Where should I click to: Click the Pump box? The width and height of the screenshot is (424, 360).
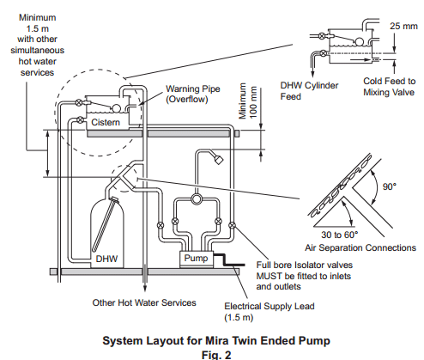(x=197, y=259)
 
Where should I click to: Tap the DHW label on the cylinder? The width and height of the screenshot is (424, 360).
(x=106, y=259)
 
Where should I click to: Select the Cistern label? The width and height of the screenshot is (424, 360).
(x=106, y=122)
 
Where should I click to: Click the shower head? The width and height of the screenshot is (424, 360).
(x=219, y=159)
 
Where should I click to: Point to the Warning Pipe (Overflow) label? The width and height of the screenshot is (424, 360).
(x=193, y=94)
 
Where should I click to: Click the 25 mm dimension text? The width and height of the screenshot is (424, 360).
(x=403, y=26)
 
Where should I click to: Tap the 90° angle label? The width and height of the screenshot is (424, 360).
(x=390, y=186)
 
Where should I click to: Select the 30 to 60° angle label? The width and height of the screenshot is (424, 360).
(x=340, y=235)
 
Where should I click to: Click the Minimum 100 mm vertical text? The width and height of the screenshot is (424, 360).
(x=247, y=101)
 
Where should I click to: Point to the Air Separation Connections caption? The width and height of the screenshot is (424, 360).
(x=360, y=247)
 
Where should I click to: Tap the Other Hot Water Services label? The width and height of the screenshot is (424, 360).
(x=144, y=302)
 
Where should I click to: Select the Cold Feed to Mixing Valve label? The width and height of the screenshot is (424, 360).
(x=389, y=87)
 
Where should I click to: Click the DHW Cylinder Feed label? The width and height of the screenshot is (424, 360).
(x=309, y=91)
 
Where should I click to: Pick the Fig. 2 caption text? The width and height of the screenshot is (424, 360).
(x=216, y=355)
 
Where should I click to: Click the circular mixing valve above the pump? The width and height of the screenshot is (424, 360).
(x=197, y=198)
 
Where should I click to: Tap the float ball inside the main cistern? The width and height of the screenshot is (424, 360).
(x=116, y=108)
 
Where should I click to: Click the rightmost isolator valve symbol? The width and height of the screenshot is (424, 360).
(x=233, y=225)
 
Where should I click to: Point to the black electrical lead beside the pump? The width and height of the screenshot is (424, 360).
(x=228, y=259)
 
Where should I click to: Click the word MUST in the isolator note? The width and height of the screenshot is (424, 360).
(x=269, y=276)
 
